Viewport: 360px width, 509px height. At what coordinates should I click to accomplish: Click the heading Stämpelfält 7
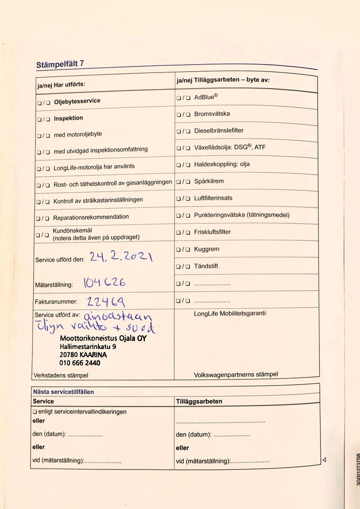tap(60, 65)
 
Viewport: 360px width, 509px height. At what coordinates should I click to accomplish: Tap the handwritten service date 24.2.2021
tap(121, 257)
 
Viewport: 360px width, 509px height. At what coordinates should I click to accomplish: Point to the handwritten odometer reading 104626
tap(104, 283)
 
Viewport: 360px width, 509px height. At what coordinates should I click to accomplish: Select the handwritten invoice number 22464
tap(106, 301)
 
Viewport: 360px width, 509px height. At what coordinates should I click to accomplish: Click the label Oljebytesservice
tap(77, 101)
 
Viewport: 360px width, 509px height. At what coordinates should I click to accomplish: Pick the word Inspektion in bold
tap(68, 118)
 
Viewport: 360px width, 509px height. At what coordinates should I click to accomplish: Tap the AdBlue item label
tap(206, 97)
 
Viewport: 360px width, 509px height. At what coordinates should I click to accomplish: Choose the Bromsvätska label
tap(212, 114)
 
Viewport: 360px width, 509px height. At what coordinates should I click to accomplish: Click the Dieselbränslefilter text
tap(219, 131)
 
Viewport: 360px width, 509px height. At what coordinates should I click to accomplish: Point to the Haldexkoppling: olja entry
tap(222, 164)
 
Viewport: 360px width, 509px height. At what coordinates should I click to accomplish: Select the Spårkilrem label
tap(209, 181)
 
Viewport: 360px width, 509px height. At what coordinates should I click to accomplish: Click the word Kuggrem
tap(206, 249)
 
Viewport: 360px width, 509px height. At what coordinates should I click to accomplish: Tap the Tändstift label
tap(206, 266)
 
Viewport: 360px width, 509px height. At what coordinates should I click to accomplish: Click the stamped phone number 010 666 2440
tap(80, 363)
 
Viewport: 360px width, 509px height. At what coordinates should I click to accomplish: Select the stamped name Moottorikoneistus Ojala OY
tap(103, 338)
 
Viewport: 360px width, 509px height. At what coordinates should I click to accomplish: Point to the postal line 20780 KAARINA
tap(83, 354)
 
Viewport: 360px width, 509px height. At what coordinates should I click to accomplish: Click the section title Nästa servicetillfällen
tap(63, 392)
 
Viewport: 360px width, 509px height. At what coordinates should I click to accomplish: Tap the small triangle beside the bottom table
tap(324, 460)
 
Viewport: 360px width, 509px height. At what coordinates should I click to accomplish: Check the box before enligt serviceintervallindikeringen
tap(34, 412)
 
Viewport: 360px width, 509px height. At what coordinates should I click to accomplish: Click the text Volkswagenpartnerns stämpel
tap(236, 375)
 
